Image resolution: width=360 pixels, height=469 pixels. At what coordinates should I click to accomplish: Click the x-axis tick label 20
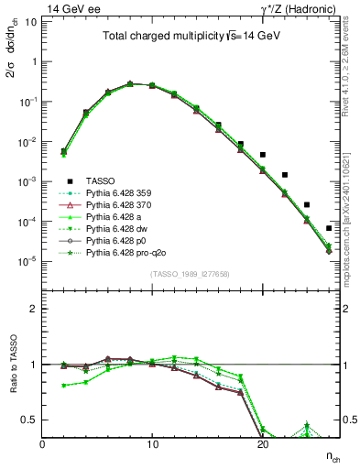click(262, 443)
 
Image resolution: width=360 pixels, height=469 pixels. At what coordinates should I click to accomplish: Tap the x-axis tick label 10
click(152, 443)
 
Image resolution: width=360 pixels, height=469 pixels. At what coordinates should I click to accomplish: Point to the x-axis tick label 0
click(43, 443)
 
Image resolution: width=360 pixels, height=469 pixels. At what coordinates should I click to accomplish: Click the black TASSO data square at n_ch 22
click(285, 174)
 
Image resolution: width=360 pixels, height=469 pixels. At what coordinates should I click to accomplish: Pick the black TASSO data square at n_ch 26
click(329, 228)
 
